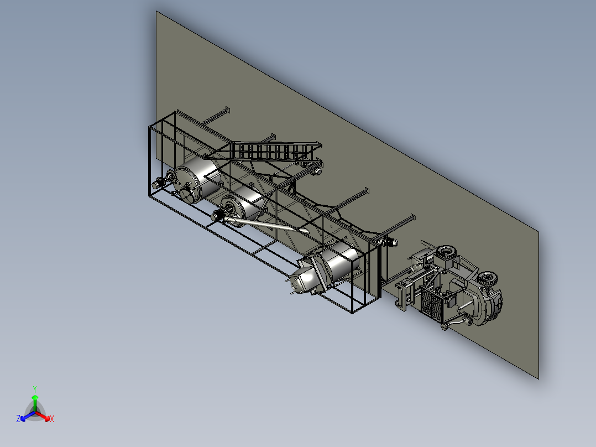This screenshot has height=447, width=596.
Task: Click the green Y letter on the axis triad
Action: tap(35, 389)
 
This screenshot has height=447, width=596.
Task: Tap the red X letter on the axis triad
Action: tap(51, 419)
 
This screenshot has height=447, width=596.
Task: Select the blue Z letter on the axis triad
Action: tap(18, 419)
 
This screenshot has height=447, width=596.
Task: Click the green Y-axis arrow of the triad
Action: tap(35, 401)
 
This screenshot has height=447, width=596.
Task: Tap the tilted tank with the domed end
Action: tap(326, 268)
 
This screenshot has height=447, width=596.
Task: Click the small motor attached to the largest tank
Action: tap(160, 181)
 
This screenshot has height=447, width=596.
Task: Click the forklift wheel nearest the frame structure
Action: tap(446, 254)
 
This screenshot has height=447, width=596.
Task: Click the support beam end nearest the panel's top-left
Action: tap(226, 110)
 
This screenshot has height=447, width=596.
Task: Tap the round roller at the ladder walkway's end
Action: tap(320, 171)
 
